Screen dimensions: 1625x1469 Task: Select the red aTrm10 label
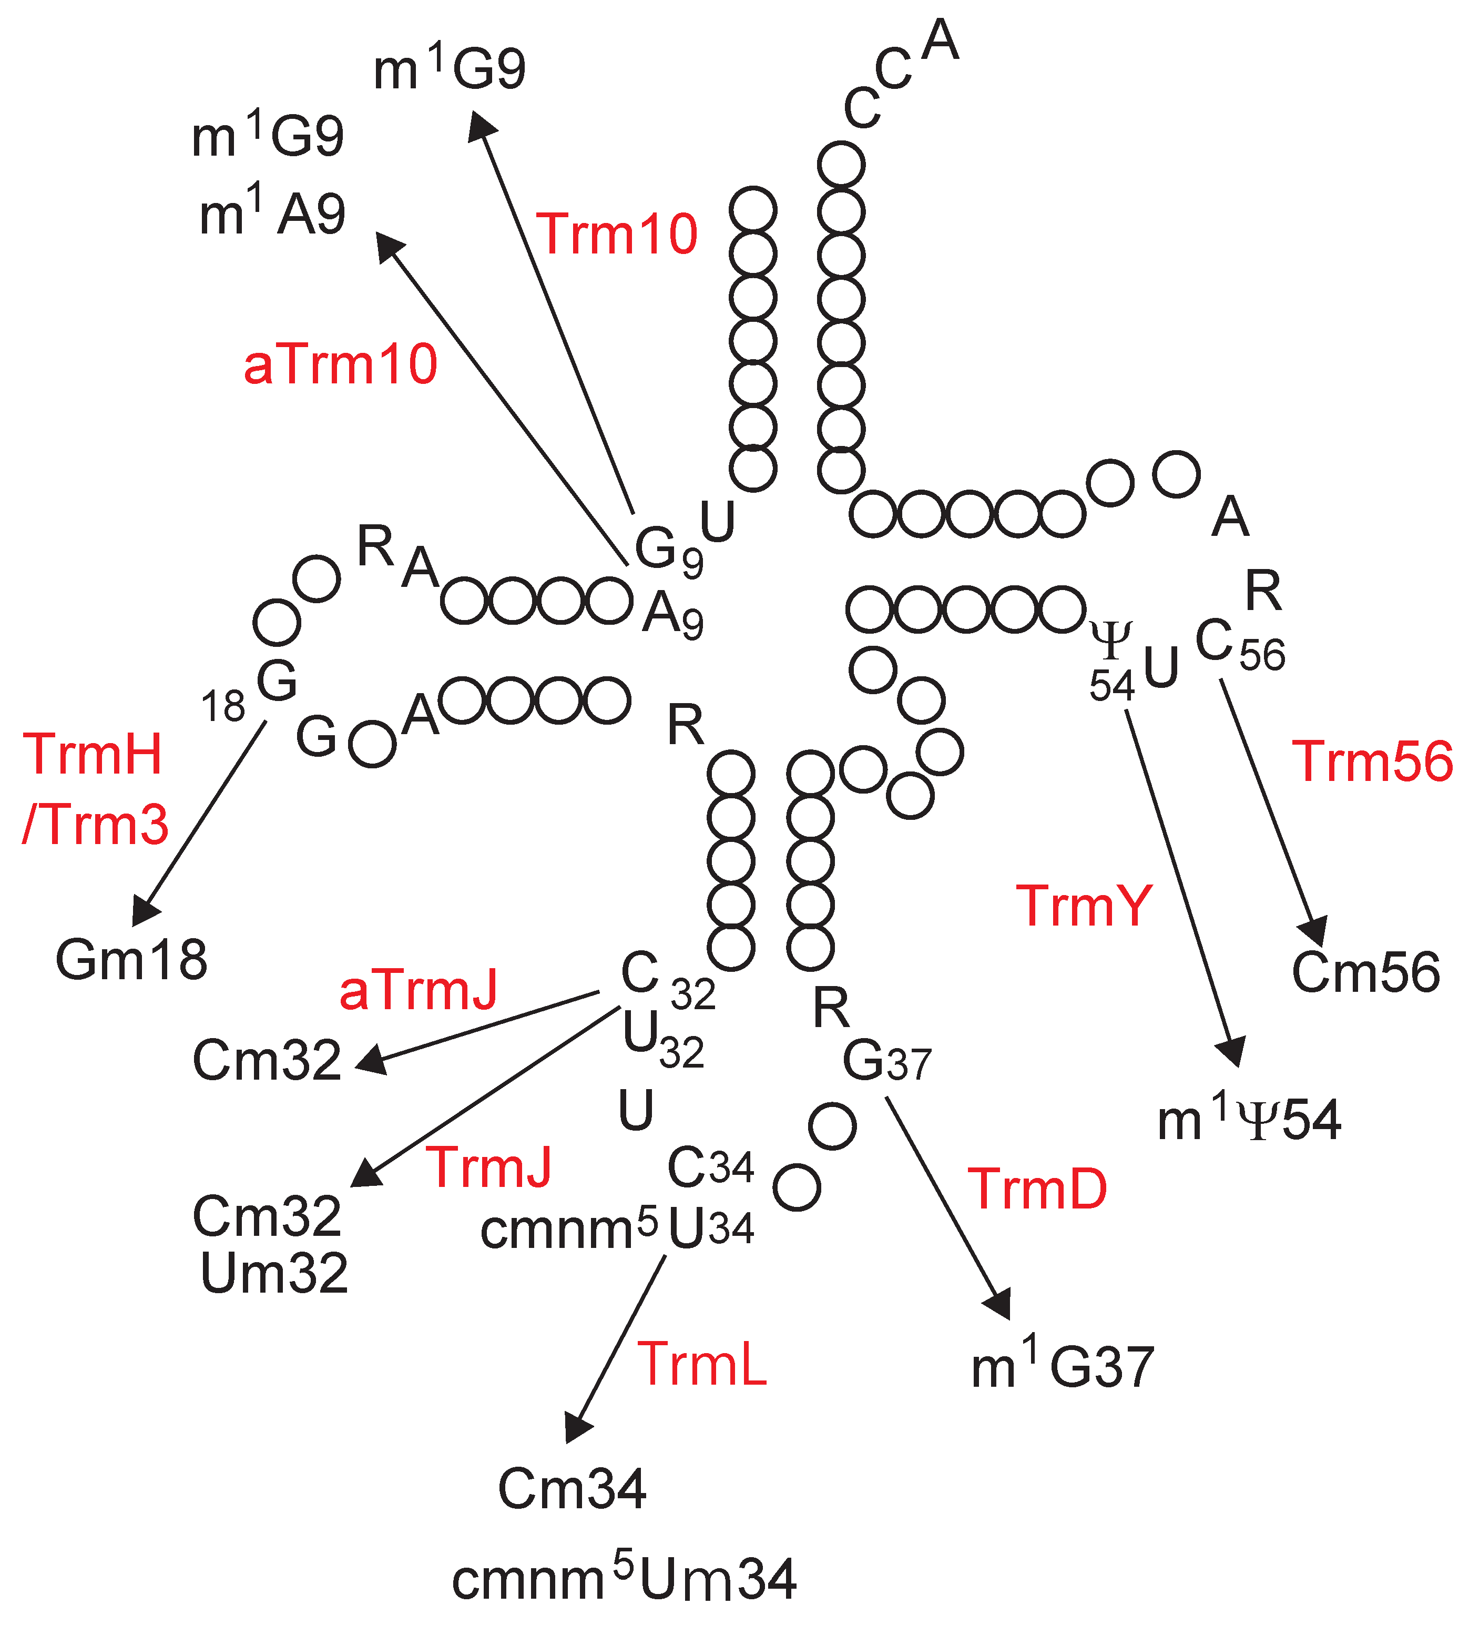340,364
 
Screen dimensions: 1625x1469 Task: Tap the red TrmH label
93,755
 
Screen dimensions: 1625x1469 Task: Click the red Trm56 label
1372,761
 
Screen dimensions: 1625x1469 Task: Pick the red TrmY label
1084,906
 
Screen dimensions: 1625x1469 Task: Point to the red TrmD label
1037,1189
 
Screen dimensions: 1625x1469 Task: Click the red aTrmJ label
418,991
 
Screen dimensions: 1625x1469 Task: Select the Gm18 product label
131,960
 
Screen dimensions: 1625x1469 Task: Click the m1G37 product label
1062,1365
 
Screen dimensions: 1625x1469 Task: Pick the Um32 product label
274,1274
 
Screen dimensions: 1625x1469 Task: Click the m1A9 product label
272,215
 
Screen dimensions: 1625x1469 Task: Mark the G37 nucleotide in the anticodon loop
885,1062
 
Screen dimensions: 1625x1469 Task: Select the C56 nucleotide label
1239,645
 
